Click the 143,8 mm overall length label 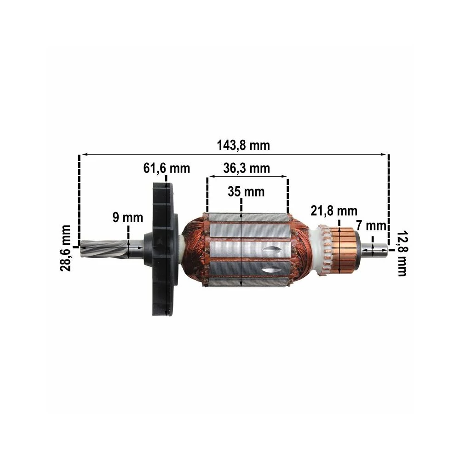click(x=243, y=145)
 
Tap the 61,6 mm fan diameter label click(x=167, y=168)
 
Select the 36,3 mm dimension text click(x=247, y=168)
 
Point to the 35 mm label click(x=246, y=192)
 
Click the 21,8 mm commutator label click(x=334, y=211)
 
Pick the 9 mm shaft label click(x=128, y=218)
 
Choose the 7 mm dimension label click(x=371, y=225)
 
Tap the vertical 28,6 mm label click(x=65, y=248)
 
